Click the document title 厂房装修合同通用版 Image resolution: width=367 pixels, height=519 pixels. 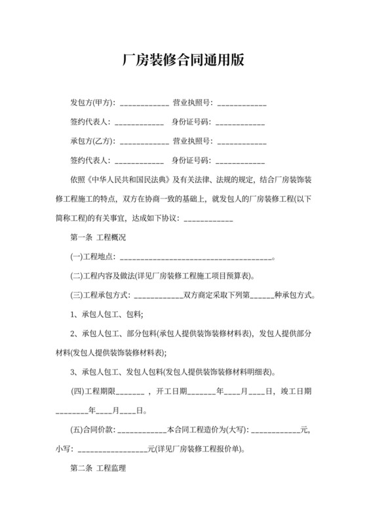[x=183, y=60]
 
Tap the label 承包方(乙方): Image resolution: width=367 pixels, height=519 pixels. [x=92, y=141]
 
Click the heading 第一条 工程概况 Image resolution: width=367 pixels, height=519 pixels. [x=98, y=237]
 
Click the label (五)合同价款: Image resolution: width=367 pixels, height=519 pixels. [x=92, y=431]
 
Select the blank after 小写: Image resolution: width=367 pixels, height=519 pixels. [x=113, y=450]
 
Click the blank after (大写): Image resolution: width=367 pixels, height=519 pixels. [x=275, y=431]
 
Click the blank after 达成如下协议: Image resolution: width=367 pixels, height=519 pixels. [x=208, y=218]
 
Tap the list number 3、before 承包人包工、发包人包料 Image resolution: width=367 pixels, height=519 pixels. [x=74, y=372]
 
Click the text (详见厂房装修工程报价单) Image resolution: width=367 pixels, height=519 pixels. [x=196, y=450]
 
